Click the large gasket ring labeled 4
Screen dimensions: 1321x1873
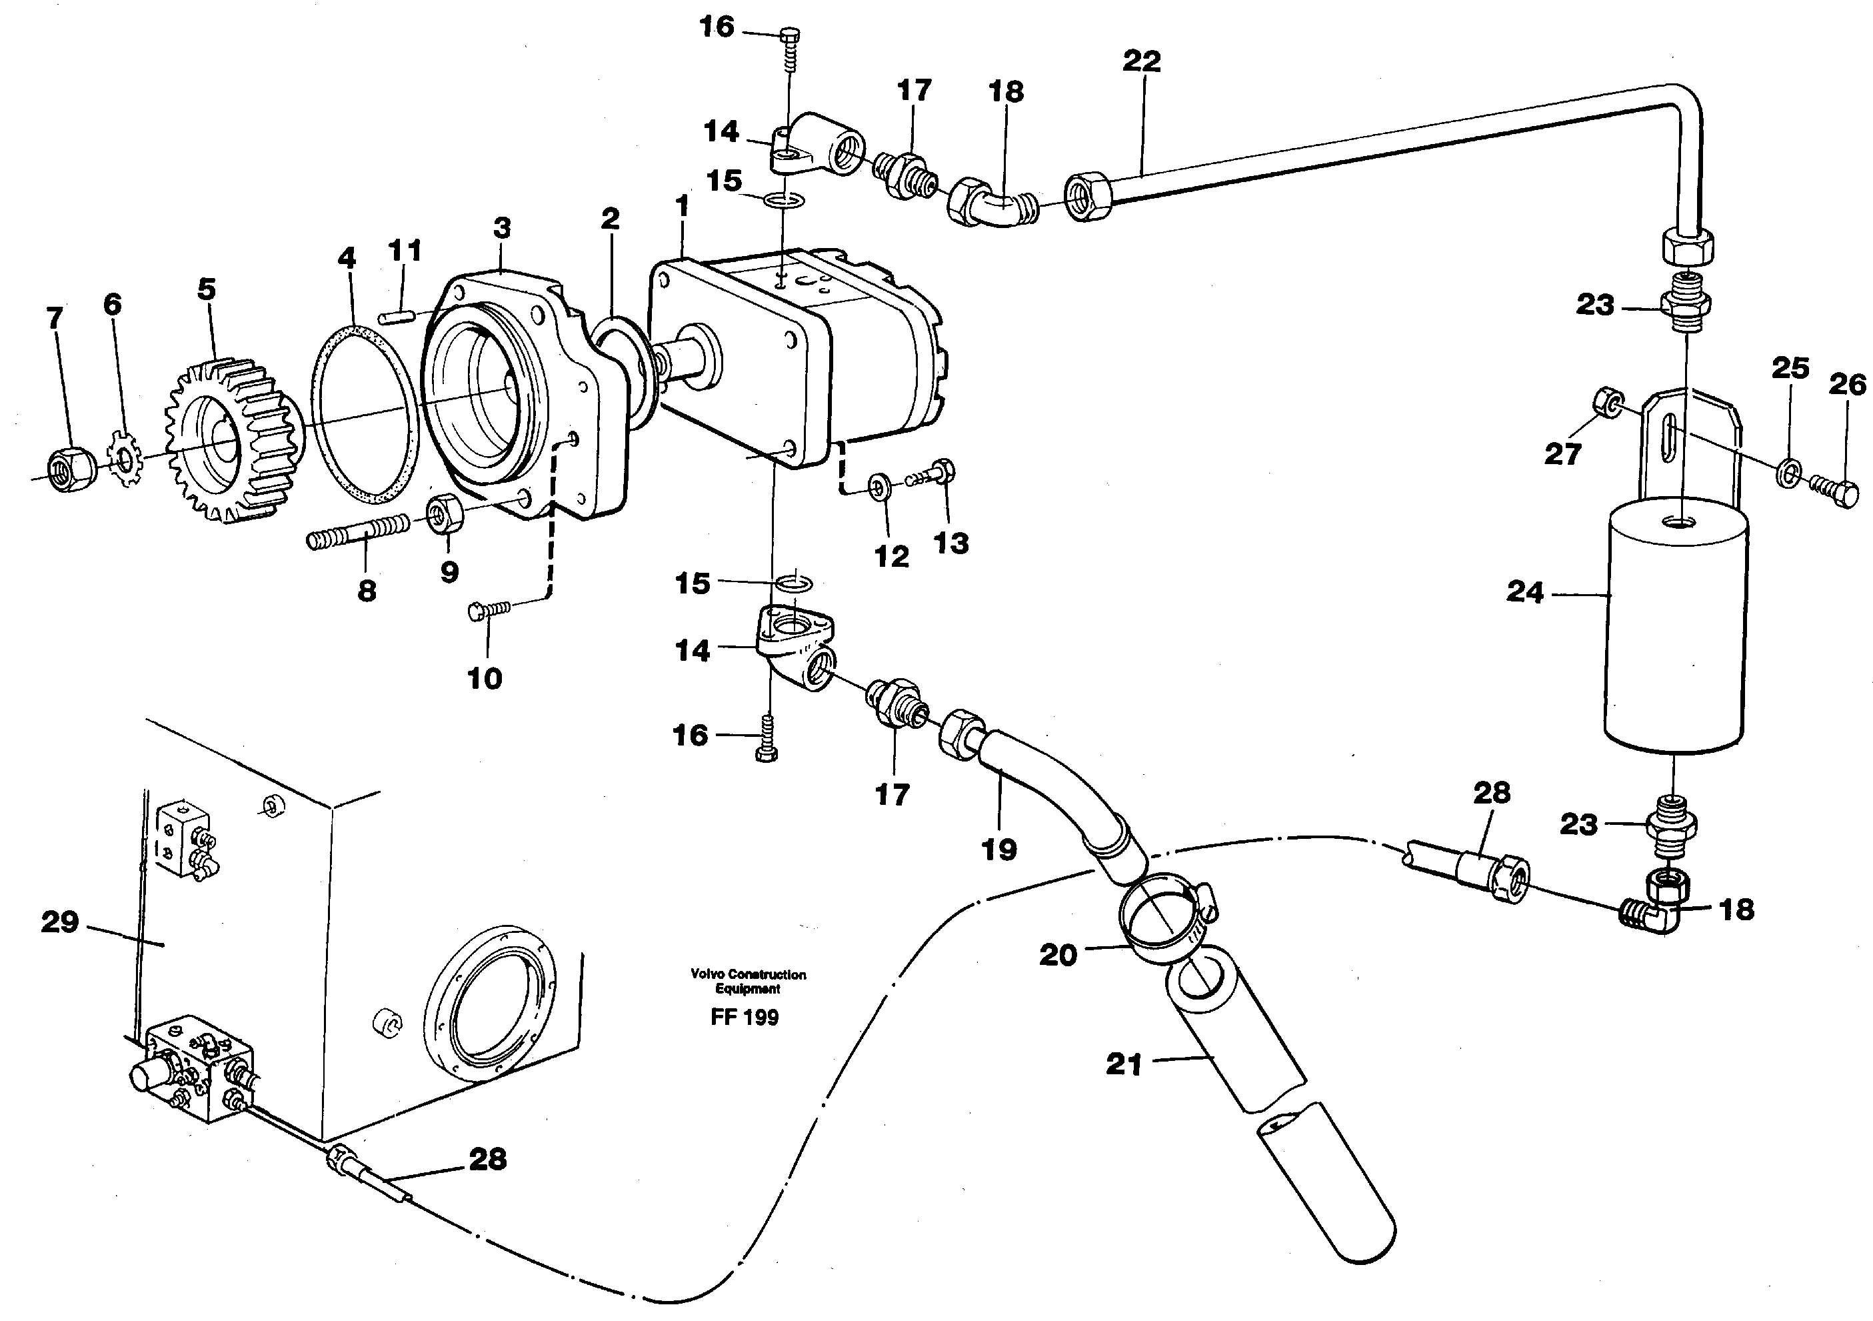(365, 424)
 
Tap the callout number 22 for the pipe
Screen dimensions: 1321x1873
(1141, 61)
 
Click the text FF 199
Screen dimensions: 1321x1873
(744, 1017)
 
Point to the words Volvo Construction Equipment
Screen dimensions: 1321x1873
(748, 981)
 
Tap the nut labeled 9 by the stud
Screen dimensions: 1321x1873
(445, 514)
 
